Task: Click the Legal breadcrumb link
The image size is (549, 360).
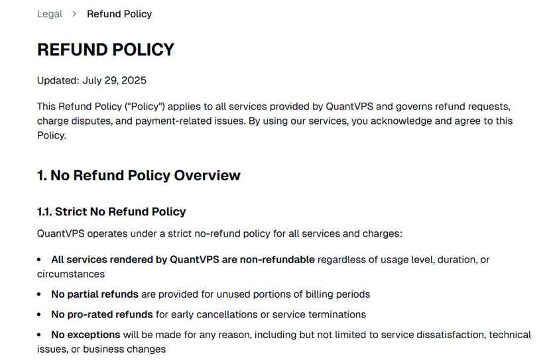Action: pos(50,14)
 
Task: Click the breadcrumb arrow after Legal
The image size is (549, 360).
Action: pos(74,14)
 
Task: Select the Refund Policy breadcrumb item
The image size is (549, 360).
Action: pos(119,14)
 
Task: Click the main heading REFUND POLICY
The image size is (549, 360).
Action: pos(105,50)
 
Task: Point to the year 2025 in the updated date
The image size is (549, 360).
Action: pos(134,81)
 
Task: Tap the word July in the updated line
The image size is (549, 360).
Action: pos(93,81)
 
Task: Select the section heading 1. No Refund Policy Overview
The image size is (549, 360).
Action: pos(139,176)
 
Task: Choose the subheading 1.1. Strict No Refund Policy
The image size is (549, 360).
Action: pos(111,212)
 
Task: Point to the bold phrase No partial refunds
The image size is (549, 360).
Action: pos(95,294)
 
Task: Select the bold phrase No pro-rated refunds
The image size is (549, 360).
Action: pos(102,314)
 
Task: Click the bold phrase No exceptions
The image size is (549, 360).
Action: pos(86,335)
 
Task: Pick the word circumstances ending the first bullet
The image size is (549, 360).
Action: pos(71,274)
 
